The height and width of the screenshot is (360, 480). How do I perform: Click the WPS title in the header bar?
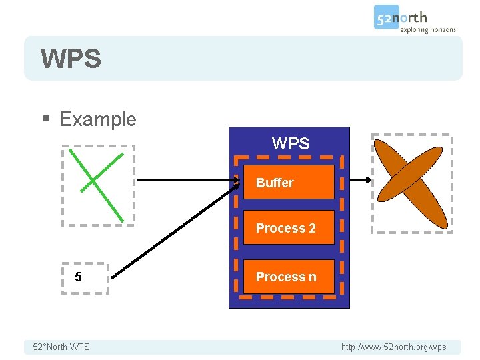[71, 59]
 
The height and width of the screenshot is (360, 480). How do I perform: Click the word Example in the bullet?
[97, 119]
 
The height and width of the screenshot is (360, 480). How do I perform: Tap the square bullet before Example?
[45, 120]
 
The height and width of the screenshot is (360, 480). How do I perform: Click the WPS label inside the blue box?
[291, 143]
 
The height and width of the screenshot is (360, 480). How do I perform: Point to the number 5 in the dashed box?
[79, 277]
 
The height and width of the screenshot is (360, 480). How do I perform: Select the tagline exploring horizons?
[427, 29]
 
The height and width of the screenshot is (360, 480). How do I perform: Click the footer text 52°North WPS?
[61, 347]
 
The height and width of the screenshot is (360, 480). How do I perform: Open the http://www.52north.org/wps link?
[393, 347]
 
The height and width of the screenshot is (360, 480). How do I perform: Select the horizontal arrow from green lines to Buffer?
[187, 180]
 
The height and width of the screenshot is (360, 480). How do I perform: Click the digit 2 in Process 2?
[312, 228]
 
